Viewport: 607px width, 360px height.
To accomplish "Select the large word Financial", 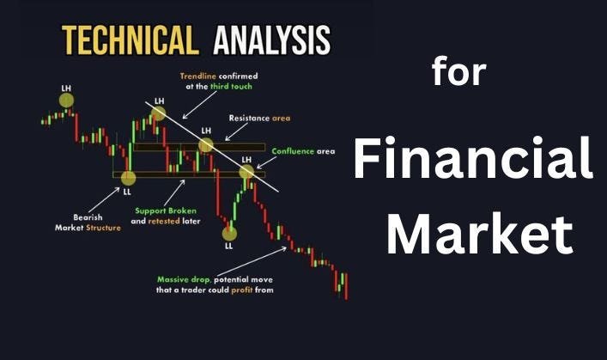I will point(473,162).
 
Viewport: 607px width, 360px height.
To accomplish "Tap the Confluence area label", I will point(303,151).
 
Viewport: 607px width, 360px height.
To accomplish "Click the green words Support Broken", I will point(165,210).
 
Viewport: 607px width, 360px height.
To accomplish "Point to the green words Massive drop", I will point(183,279).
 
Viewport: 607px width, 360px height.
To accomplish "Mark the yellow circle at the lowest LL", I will point(229,232).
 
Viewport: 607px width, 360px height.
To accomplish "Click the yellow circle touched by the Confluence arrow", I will point(246,172).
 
